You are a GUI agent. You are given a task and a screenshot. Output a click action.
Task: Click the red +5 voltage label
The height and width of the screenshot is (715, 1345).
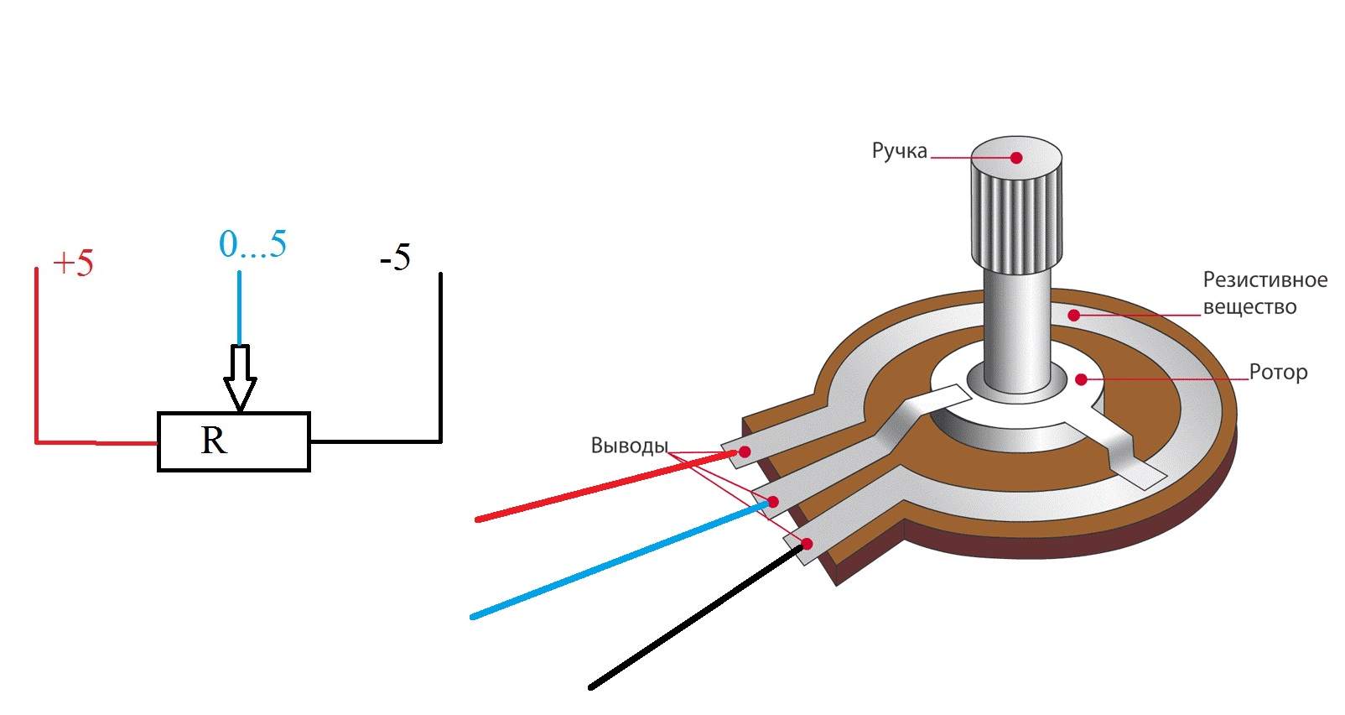tap(73, 263)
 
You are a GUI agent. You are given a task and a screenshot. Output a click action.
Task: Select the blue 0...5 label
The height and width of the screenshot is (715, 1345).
tap(252, 244)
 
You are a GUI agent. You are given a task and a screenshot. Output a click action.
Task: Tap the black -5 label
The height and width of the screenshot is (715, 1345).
tap(395, 258)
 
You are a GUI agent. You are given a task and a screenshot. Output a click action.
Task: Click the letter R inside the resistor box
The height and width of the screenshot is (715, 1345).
tap(214, 441)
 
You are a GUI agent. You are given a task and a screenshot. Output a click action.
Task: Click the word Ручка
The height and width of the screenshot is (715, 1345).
tap(899, 151)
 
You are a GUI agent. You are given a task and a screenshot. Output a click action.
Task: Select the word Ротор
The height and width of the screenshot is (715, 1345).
tap(1278, 372)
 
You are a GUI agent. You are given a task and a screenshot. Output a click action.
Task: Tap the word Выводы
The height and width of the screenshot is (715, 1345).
tap(629, 446)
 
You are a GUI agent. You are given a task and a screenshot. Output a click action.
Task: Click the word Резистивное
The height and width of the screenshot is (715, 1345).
tap(1265, 279)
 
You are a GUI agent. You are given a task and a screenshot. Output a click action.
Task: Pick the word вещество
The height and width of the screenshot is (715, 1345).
tap(1249, 307)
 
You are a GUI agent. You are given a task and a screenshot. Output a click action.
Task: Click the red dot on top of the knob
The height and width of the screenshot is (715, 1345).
tap(1016, 158)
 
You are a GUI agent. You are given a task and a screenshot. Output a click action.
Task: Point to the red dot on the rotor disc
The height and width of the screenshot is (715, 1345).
tap(1081, 380)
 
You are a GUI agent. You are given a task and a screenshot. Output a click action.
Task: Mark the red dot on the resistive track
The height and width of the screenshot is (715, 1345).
tap(1073, 316)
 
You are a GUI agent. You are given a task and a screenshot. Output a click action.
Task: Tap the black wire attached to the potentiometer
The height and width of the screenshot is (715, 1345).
tap(696, 617)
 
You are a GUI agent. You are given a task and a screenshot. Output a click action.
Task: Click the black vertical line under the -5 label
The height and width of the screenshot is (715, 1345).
tap(440, 352)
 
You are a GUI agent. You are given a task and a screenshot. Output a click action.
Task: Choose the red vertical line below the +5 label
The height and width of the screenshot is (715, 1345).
tap(36, 352)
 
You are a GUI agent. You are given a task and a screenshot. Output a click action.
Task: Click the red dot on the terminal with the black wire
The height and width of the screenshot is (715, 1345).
tap(807, 544)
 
